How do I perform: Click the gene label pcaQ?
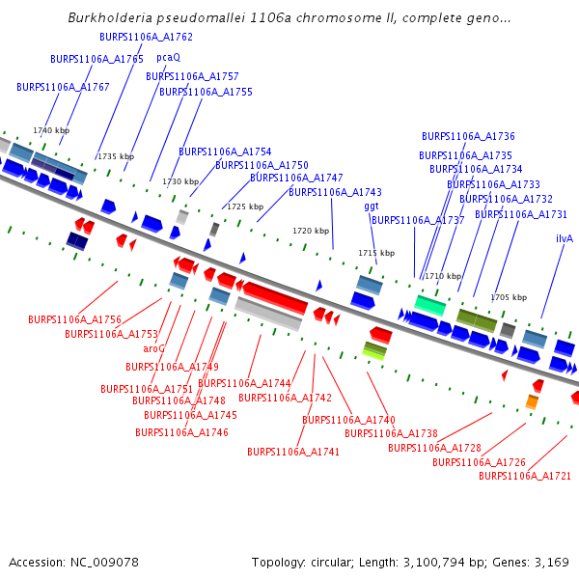click(x=169, y=58)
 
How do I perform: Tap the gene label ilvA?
click(x=565, y=238)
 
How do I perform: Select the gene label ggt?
click(x=372, y=207)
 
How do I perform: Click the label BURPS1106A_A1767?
click(x=64, y=88)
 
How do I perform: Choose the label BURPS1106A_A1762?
click(x=147, y=38)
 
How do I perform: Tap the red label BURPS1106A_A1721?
click(x=525, y=477)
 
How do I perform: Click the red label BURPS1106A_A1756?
click(x=74, y=319)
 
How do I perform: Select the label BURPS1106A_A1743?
click(x=336, y=193)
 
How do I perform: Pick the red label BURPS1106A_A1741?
click(x=293, y=452)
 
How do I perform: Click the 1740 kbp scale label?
click(x=51, y=130)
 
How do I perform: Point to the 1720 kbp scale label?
click(x=311, y=232)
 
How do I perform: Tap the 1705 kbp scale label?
click(x=509, y=298)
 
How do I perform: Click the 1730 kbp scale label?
click(x=180, y=181)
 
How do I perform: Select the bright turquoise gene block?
click(x=429, y=305)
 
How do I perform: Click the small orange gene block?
click(x=532, y=401)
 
